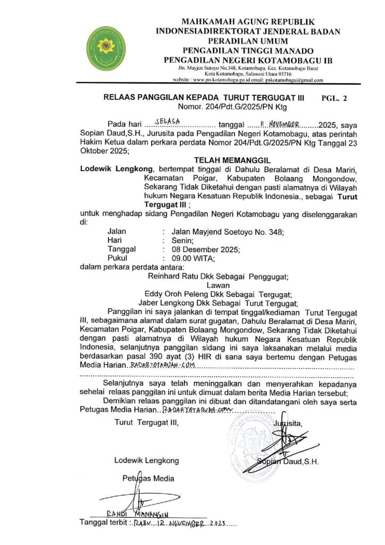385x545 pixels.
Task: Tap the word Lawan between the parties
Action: click(218, 285)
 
